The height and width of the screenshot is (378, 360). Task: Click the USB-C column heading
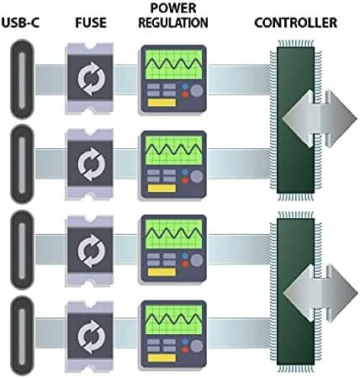tap(20, 23)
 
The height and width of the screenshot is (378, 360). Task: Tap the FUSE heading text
tap(91, 23)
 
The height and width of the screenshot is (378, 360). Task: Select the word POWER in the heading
tap(173, 8)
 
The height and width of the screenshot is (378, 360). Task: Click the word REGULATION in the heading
tap(173, 23)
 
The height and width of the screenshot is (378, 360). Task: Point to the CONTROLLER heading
tap(296, 23)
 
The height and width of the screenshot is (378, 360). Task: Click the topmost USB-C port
tap(22, 80)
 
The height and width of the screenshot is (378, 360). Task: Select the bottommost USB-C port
tap(22, 336)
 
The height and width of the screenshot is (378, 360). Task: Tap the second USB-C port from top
tap(22, 164)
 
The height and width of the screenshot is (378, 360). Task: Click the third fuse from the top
tap(91, 250)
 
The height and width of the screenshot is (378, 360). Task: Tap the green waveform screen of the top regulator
tap(174, 64)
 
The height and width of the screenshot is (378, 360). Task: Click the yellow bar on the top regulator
tap(161, 103)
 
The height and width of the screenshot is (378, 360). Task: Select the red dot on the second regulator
tap(185, 180)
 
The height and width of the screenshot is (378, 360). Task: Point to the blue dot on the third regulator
tap(185, 256)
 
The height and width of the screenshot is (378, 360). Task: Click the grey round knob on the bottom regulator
tap(197, 346)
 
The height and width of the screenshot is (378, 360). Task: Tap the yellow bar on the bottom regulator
tap(161, 358)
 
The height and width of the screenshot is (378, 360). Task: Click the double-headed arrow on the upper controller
tap(320, 119)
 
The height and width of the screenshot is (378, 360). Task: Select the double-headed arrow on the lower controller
tap(320, 293)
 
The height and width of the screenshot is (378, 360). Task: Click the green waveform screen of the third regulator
tap(174, 234)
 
